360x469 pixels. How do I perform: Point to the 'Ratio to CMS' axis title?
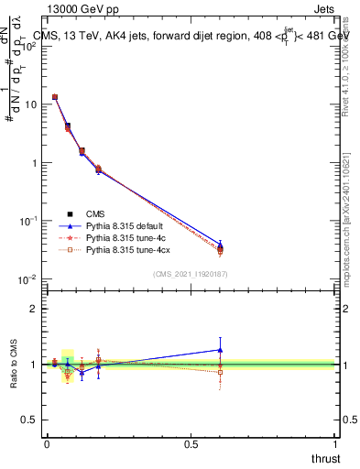coord(13,365)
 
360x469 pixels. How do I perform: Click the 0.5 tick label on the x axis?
coord(191,443)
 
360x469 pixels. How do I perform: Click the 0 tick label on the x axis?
coord(47,443)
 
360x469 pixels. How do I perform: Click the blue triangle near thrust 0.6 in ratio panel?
coord(220,349)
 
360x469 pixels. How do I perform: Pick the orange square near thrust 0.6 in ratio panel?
coord(220,372)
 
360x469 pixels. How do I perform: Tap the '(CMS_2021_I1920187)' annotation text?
coord(190,274)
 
